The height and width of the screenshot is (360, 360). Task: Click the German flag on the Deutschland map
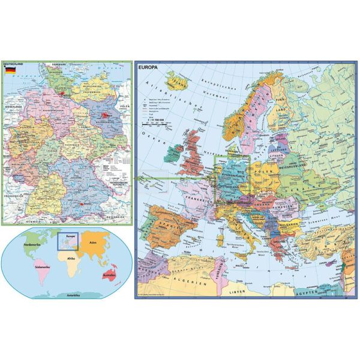pyautogui.click(x=10, y=70)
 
